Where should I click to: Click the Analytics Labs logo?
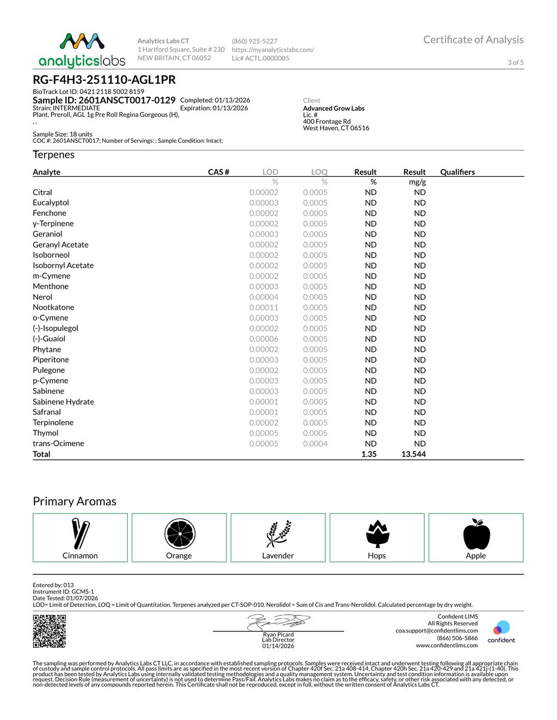coord(82,50)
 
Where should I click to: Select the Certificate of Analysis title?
coord(473,40)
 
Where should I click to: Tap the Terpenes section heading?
coord(53,155)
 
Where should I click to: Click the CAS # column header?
coord(218,172)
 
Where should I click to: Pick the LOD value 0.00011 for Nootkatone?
coord(264,308)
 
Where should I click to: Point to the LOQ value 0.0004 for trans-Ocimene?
coord(315,443)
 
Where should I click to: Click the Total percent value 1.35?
coord(369,454)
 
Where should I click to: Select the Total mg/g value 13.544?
coord(413,454)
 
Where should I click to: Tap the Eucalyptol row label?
coord(51,203)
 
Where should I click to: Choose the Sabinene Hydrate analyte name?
coord(63,402)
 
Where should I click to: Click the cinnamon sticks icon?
coord(80,534)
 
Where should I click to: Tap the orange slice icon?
coord(180,534)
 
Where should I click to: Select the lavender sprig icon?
coord(278,534)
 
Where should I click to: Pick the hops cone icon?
coord(377,534)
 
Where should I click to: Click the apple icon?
coord(476,534)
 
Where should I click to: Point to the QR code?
coord(49,631)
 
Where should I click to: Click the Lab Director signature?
coord(278,622)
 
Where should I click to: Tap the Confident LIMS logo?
coord(501,631)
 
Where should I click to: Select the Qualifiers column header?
coord(457,172)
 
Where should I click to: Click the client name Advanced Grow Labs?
coord(333,108)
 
